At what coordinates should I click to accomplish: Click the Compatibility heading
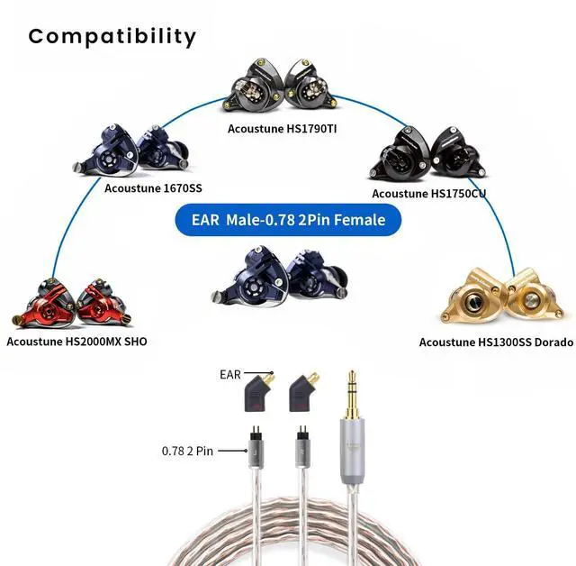(x=112, y=37)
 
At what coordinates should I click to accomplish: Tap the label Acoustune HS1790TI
(x=288, y=128)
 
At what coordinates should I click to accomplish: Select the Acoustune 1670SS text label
(x=153, y=188)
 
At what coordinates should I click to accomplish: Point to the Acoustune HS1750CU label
(x=436, y=193)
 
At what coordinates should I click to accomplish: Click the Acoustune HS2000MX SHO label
(x=76, y=341)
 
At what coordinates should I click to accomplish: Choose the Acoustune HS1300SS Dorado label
(x=495, y=342)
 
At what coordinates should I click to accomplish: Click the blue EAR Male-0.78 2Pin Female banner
(x=289, y=219)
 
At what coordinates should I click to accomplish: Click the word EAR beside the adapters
(x=231, y=372)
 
